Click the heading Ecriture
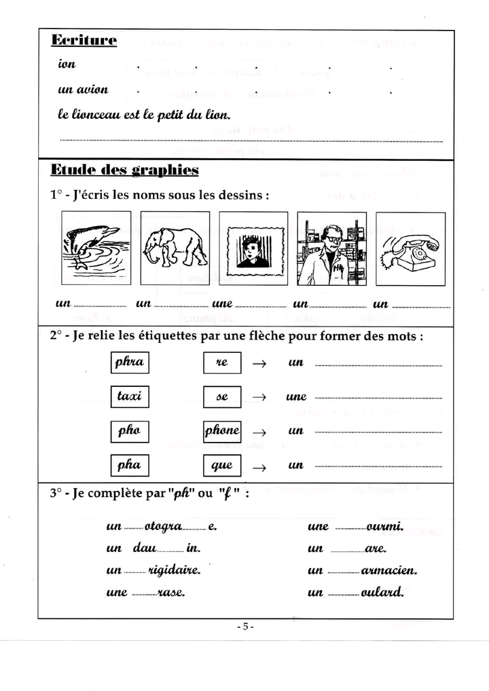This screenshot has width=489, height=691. (84, 41)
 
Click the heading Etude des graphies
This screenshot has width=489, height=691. (125, 170)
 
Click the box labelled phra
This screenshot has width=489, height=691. (129, 362)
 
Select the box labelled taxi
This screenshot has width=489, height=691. (129, 396)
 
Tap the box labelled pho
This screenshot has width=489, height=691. (129, 431)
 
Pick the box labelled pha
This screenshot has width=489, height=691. (129, 466)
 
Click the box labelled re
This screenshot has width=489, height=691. (222, 362)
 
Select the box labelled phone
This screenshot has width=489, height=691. (222, 431)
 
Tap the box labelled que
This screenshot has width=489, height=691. (222, 466)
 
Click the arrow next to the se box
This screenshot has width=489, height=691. (259, 398)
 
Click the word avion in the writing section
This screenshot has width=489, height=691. (92, 90)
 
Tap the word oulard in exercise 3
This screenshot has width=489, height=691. (383, 593)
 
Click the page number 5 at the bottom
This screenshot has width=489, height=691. (245, 627)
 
